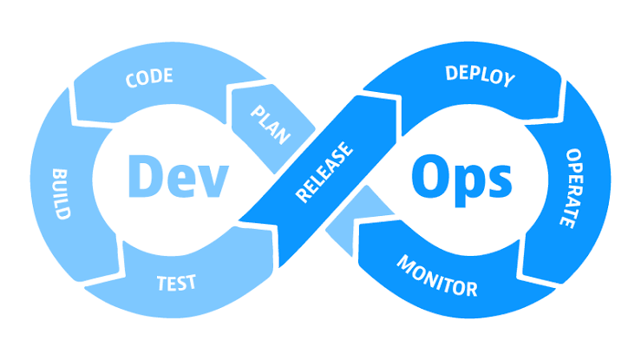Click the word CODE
tap(149, 78)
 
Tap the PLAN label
tap(271, 125)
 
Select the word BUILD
tap(62, 194)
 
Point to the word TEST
tap(177, 283)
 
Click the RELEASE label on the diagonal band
tap(324, 172)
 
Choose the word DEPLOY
tap(480, 75)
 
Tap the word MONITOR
tap(437, 276)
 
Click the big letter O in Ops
tap(428, 176)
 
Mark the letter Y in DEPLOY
tap(509, 80)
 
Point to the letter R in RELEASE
tap(304, 194)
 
